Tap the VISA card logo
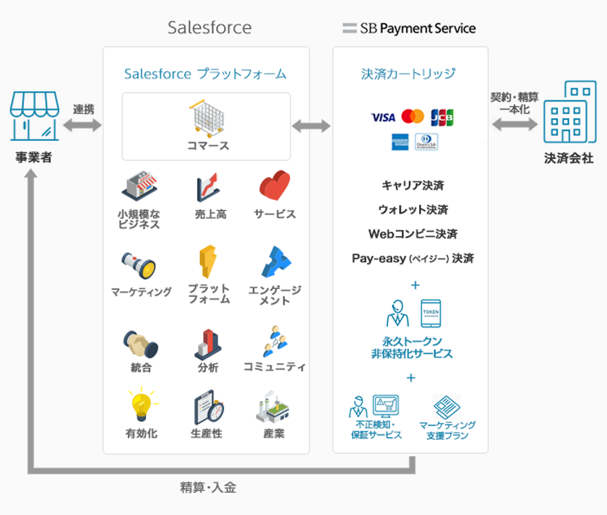(x=383, y=117)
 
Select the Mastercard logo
(x=413, y=116)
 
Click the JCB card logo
(x=442, y=117)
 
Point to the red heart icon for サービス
(x=275, y=186)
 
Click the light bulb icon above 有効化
(x=141, y=406)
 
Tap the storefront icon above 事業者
(x=34, y=117)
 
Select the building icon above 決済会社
(x=569, y=113)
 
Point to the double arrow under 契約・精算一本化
(x=515, y=124)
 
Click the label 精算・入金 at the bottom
(x=208, y=488)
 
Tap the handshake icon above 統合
(x=140, y=344)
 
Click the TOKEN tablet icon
(x=430, y=313)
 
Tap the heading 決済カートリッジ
(x=409, y=74)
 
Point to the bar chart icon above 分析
(x=208, y=344)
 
